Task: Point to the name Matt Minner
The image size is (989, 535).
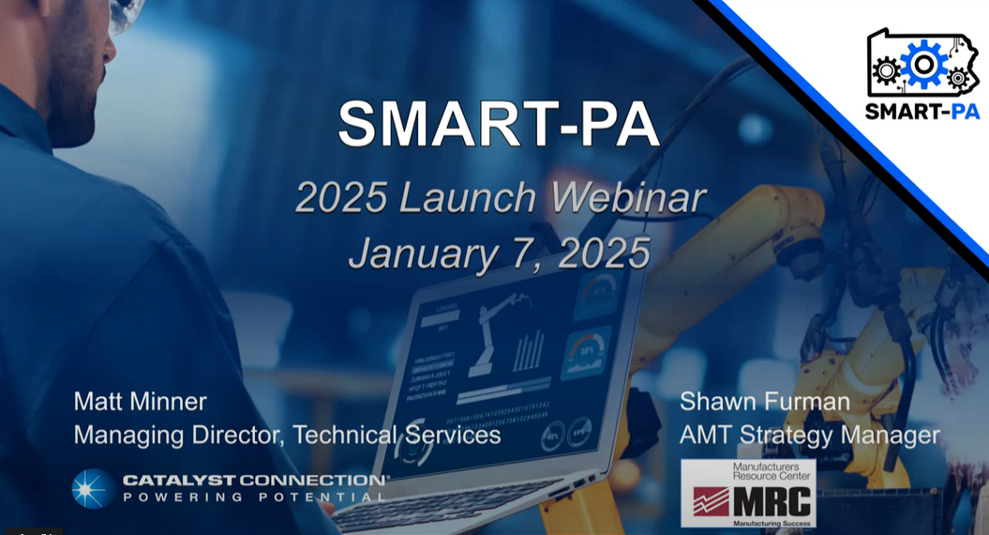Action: coord(140,403)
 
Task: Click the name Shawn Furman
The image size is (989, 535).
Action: coord(765,403)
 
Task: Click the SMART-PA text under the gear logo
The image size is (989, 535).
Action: coord(922,111)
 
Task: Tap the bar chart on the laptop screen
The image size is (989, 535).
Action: coord(529,351)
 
